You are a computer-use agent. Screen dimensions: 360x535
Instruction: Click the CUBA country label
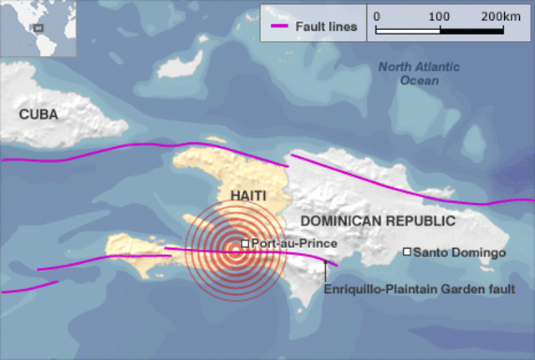38,114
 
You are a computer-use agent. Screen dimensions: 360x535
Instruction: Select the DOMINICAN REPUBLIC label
378,221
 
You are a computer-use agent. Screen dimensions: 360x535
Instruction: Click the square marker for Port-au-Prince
245,243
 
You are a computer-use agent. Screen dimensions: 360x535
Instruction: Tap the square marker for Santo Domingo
407,251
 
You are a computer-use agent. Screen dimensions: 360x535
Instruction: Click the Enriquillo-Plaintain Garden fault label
419,289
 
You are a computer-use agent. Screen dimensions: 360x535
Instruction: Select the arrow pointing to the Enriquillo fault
325,271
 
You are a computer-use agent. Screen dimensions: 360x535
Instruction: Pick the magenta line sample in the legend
279,27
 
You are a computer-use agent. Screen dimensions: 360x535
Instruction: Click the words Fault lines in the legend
326,27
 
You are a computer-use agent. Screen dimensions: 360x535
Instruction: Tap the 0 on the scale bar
376,16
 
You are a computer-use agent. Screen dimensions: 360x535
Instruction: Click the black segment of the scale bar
471,30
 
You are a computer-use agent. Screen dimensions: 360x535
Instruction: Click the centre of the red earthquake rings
235,248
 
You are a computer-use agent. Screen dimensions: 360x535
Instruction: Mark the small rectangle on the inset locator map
38,27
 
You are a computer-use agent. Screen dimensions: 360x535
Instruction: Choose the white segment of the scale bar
408,30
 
